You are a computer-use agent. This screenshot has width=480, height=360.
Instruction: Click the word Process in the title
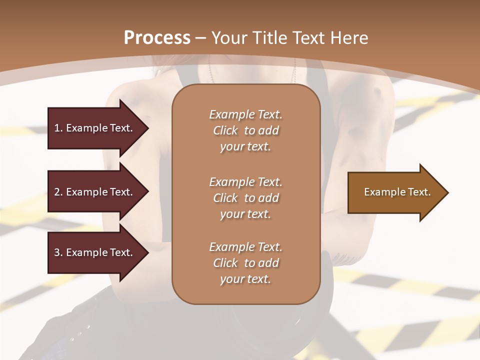click(157, 38)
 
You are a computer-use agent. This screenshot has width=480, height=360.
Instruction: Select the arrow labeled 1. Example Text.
click(95, 128)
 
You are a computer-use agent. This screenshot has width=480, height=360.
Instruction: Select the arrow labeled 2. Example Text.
click(95, 192)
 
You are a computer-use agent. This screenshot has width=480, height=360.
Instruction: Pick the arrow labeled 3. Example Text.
click(95, 252)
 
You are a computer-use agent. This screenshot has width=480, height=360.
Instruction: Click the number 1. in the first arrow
click(58, 128)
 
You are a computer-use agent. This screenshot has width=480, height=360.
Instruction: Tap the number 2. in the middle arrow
click(58, 192)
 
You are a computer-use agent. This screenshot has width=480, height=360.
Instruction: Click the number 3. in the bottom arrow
click(58, 252)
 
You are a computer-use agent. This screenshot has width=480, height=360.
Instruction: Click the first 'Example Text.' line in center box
click(245, 114)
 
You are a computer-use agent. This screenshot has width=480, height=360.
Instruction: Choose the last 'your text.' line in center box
click(245, 279)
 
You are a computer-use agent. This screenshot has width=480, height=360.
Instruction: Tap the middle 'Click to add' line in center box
click(245, 198)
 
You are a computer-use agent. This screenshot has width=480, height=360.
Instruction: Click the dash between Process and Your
click(201, 38)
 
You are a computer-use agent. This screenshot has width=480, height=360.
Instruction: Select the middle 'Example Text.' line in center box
click(245, 181)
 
